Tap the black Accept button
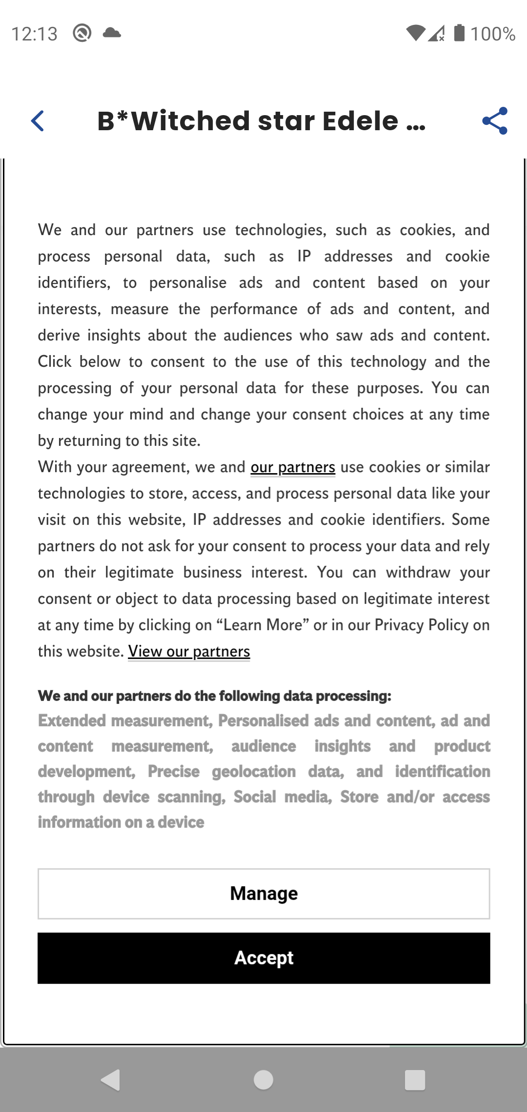tap(263, 958)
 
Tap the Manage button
tap(263, 894)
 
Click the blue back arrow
tap(38, 121)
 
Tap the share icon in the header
tap(495, 121)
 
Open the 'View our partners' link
tap(189, 652)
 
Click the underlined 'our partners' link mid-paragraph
tap(293, 467)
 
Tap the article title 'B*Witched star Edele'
tap(261, 121)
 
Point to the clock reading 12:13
tap(34, 34)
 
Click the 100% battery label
tap(493, 34)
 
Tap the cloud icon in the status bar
tap(112, 33)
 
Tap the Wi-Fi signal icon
tap(415, 33)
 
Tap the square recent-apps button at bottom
tap(415, 1080)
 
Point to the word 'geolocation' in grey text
tap(254, 772)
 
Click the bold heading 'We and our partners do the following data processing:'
tap(215, 696)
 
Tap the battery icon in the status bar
tap(459, 33)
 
